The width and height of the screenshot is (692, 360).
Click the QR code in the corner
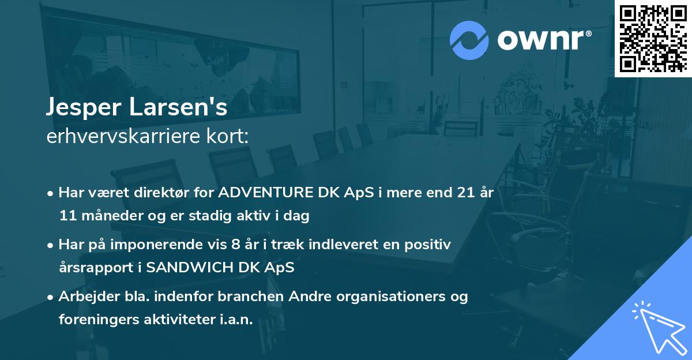coord(652,38)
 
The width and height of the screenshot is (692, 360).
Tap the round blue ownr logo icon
coord(469,40)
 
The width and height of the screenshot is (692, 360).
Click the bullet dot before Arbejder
coord(51,297)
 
